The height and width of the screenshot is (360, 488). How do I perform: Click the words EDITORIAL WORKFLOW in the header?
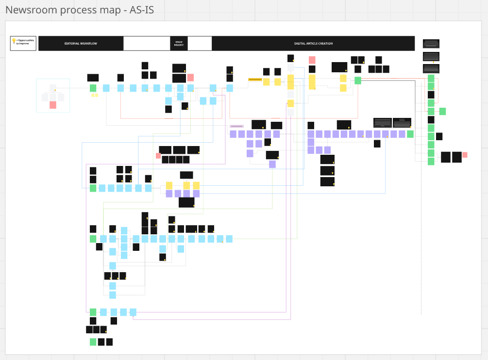click(x=81, y=44)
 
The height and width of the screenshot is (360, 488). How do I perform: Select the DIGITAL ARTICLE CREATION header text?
click(x=313, y=44)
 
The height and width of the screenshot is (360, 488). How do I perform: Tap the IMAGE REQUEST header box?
click(x=179, y=44)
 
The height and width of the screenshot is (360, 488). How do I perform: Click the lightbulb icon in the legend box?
click(x=14, y=41)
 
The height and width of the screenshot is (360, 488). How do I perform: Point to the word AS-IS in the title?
click(x=142, y=10)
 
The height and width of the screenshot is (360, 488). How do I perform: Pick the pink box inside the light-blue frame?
click(x=53, y=105)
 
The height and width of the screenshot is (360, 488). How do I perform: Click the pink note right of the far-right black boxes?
click(x=465, y=155)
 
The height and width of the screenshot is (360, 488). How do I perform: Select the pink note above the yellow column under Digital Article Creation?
click(x=312, y=60)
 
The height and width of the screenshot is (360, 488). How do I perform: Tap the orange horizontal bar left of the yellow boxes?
click(x=255, y=79)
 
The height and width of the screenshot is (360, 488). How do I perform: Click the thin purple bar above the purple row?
click(x=236, y=126)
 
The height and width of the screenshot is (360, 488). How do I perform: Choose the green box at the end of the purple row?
click(x=410, y=134)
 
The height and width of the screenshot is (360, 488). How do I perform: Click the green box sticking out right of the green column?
click(x=442, y=111)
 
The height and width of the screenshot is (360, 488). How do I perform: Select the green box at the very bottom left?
click(x=93, y=342)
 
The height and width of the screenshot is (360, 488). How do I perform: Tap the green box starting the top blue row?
click(x=93, y=88)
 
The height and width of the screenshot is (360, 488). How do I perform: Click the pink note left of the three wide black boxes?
click(x=158, y=156)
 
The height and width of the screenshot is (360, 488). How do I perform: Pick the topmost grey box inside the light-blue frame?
click(x=53, y=88)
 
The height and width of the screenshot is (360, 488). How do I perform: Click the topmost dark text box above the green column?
click(x=431, y=44)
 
